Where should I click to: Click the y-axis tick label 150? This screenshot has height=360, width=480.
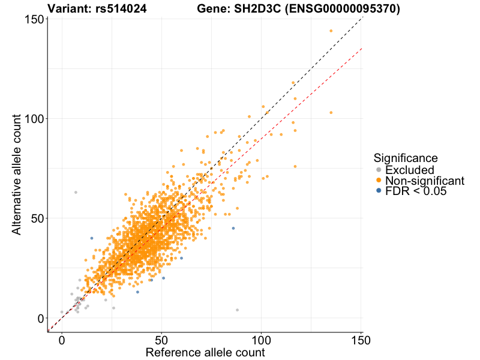click(x=37, y=19)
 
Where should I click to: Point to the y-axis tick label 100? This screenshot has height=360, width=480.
click(x=37, y=119)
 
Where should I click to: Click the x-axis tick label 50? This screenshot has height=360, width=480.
click(x=161, y=340)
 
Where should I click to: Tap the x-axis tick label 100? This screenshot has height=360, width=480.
click(x=261, y=340)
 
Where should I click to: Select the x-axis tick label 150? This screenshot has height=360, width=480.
click(x=361, y=340)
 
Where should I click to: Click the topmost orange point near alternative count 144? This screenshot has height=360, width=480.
click(x=331, y=31)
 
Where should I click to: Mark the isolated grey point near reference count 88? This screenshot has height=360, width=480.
click(x=237, y=310)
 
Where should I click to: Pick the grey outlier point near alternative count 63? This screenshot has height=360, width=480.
click(x=76, y=192)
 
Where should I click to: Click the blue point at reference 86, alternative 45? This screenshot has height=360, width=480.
click(x=233, y=228)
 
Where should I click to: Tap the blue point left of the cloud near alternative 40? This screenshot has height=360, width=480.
click(x=92, y=238)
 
